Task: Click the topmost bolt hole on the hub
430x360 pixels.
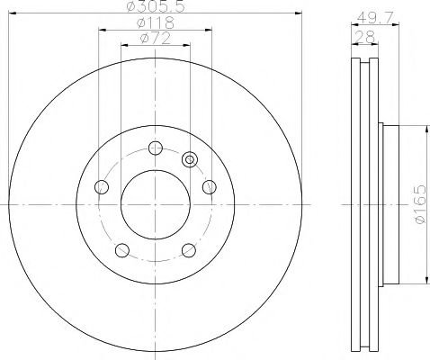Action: (x=155, y=148)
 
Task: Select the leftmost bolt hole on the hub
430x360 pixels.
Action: (x=101, y=187)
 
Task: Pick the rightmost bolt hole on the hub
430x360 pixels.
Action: (x=210, y=187)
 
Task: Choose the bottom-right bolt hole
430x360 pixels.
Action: (x=188, y=251)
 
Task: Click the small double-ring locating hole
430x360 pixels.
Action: (x=189, y=159)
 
